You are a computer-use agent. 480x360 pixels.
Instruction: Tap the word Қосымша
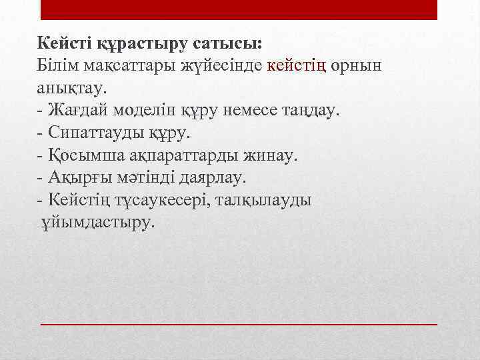point(83,155)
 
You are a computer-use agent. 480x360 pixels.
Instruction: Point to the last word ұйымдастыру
point(97,222)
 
